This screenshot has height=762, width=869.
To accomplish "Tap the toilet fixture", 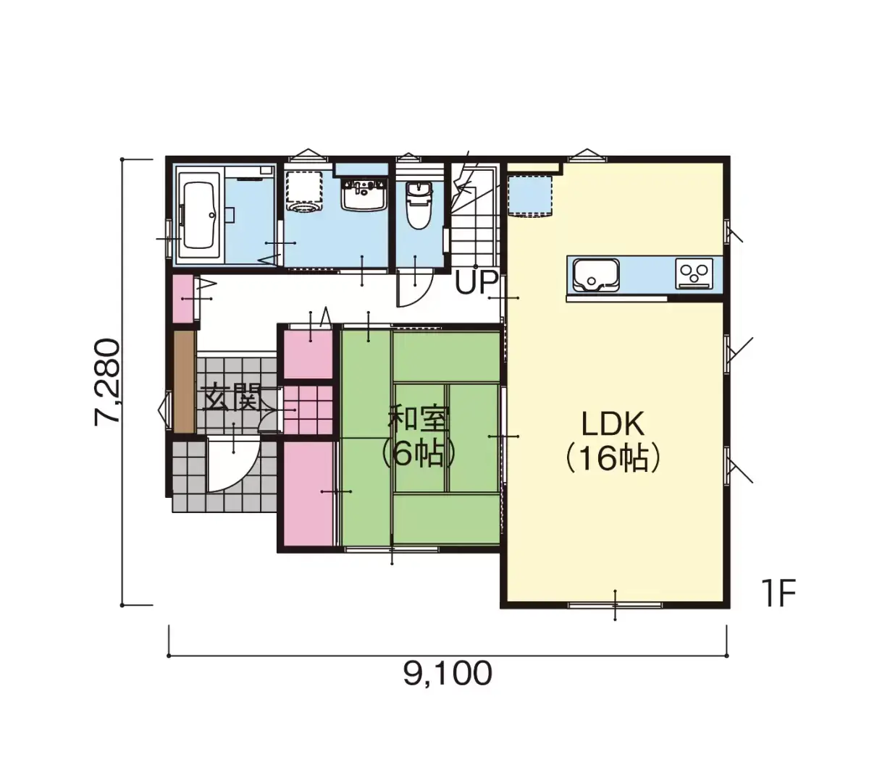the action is (418, 205).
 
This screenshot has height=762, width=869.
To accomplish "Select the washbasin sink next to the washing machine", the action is (364, 194).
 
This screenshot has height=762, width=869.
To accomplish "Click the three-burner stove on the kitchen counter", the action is (694, 274).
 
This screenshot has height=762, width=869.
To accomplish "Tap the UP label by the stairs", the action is (476, 282).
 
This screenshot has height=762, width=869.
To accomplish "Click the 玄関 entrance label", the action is (231, 398).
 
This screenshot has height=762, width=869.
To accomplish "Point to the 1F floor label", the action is (778, 593).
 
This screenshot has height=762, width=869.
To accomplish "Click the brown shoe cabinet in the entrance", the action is (184, 382).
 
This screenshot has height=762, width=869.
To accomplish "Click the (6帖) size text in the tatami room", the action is (418, 454).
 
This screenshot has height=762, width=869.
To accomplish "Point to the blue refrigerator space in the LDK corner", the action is (530, 196).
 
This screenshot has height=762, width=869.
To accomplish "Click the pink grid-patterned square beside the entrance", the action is (308, 410).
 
